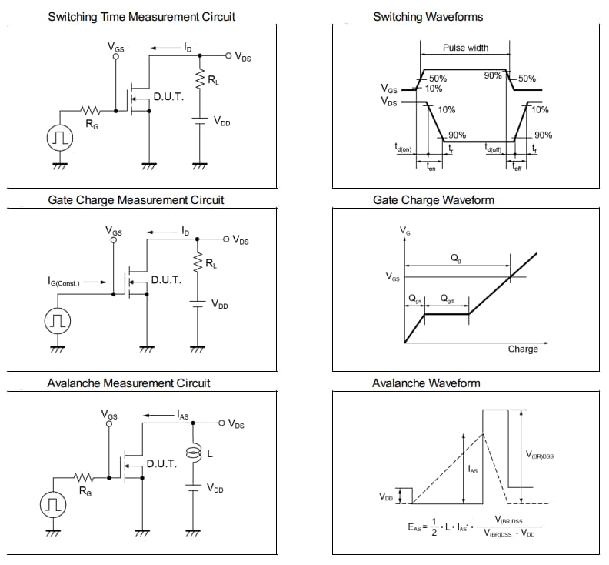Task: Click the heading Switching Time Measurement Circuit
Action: (x=141, y=16)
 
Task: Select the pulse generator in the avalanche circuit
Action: (x=52, y=504)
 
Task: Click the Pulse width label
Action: (x=465, y=48)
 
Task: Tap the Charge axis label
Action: (x=523, y=349)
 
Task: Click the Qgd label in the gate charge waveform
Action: (x=447, y=299)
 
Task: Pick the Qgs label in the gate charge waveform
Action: (x=415, y=299)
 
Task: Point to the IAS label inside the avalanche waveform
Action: (x=473, y=468)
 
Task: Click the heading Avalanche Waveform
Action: (x=426, y=383)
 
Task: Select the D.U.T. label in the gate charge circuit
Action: (x=166, y=279)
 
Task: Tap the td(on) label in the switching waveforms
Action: (x=404, y=148)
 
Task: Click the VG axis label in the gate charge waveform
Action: (x=404, y=230)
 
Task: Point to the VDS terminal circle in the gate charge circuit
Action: (x=226, y=239)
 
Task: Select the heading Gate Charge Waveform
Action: (x=434, y=199)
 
